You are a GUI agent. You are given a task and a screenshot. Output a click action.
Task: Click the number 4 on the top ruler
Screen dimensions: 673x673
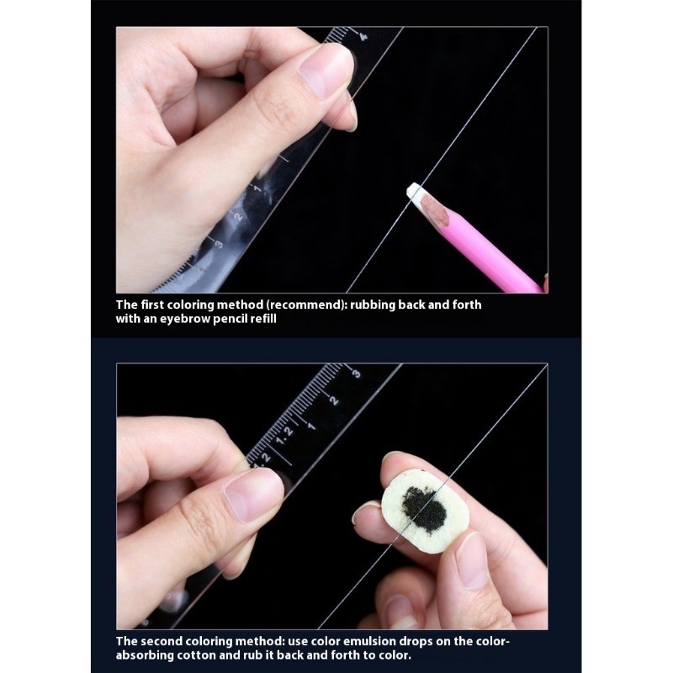pos(363,36)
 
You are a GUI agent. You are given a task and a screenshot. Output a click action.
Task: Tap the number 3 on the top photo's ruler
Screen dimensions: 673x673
pos(219,244)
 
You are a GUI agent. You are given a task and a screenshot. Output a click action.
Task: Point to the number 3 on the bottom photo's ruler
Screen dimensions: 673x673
pos(356,374)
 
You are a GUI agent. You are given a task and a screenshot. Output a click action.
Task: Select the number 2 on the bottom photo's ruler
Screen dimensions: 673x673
pos(334,401)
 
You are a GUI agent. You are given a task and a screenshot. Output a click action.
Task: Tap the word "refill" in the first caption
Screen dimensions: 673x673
pos(263,319)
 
